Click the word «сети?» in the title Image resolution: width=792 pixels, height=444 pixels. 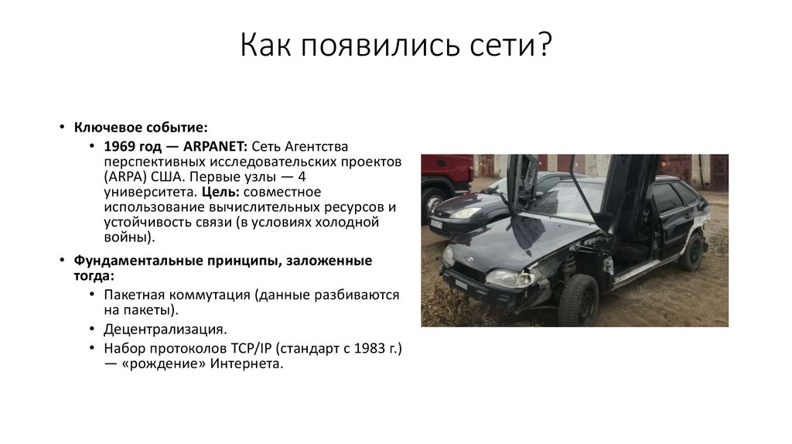[x=510, y=48]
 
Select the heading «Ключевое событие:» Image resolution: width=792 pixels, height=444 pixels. [x=140, y=126]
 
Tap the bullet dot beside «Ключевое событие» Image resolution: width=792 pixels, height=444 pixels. [x=63, y=127]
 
